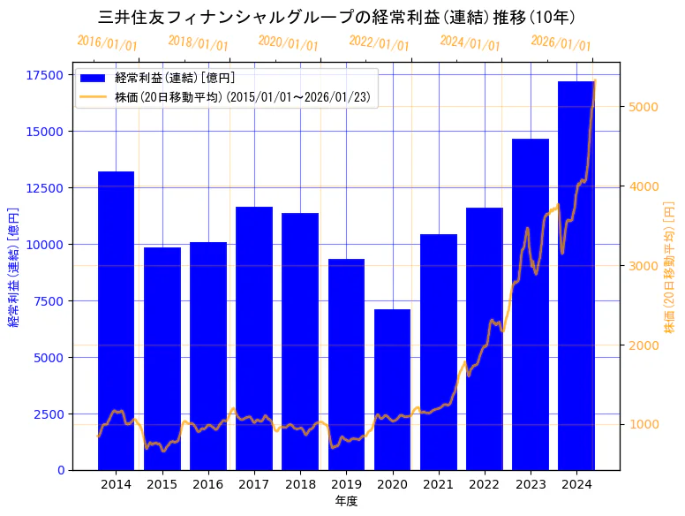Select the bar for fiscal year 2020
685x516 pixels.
392,389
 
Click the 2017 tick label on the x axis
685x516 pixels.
254,484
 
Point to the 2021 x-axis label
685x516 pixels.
438,484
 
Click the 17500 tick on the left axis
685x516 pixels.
46,75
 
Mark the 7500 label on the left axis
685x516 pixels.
49,301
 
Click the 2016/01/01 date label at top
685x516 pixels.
107,43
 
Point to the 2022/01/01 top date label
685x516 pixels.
379,43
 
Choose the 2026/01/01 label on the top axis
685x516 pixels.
561,43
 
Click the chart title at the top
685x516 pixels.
337,17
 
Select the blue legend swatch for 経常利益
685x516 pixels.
93,78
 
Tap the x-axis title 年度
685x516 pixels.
346,501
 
